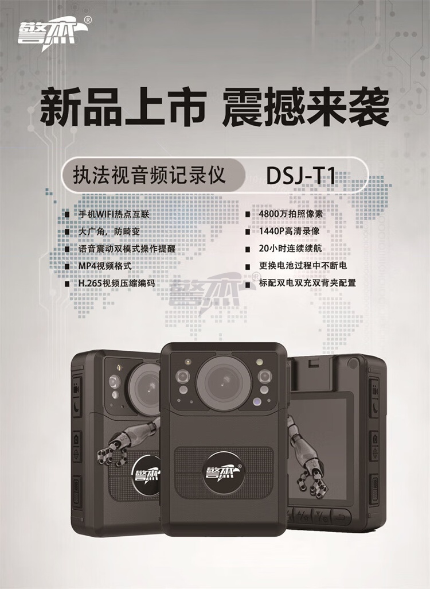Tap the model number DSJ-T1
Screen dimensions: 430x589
[x=300, y=176]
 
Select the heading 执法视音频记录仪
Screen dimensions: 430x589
[x=149, y=175]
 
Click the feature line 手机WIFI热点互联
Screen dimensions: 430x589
[x=114, y=214]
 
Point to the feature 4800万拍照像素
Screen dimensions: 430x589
[x=291, y=214]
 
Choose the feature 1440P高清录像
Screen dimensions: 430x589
[x=289, y=231]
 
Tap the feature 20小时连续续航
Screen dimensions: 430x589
[x=290, y=249]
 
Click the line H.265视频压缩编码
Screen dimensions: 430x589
[x=116, y=283]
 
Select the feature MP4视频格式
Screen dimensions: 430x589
[x=105, y=266]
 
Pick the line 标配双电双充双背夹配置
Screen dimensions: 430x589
[x=307, y=282]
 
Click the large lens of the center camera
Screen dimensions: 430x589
[x=224, y=382]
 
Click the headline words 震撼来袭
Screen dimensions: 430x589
[x=306, y=107]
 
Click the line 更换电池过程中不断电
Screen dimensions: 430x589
[x=303, y=266]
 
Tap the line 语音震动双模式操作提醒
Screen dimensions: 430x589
[x=127, y=249]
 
